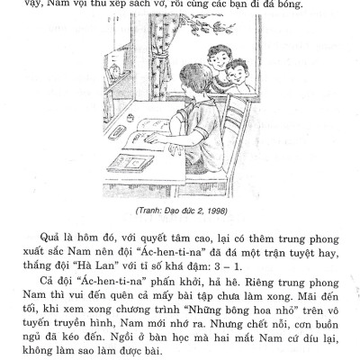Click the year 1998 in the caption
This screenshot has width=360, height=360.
point(227,210)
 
